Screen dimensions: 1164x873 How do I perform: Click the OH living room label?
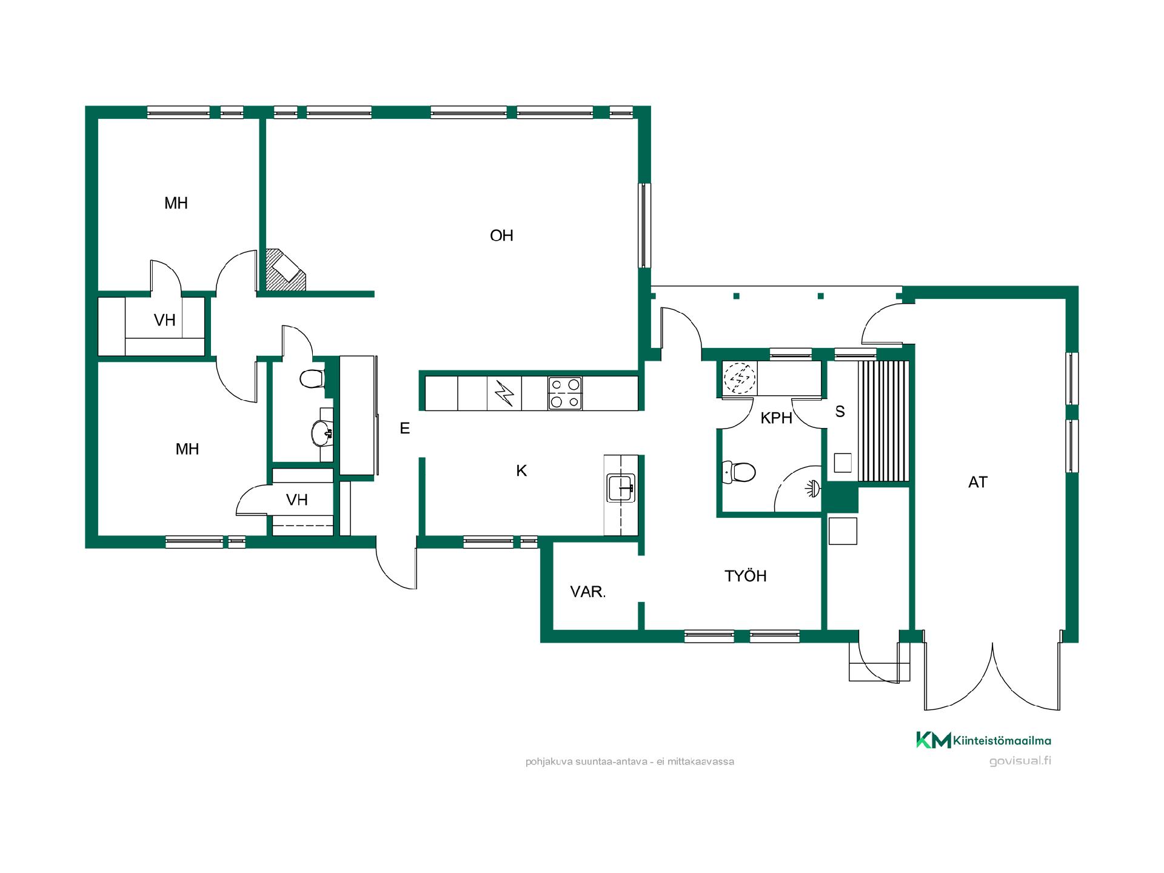pos(501,235)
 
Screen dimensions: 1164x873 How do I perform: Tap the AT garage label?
pos(978,482)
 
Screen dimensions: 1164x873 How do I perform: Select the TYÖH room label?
pos(746,575)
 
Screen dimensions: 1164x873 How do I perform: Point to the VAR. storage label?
pos(588,592)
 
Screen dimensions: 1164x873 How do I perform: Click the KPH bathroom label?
pos(777,418)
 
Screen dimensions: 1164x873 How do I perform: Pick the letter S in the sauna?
pos(840,412)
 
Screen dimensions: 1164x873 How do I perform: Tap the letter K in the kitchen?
pos(521,470)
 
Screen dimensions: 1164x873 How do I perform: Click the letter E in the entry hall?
pos(405,429)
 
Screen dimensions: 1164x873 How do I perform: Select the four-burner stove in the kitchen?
pos(565,393)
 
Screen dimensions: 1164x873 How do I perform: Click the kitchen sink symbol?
pos(621,489)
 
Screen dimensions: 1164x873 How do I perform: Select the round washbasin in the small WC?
pos(321,433)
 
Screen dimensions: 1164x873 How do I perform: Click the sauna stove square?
pos(843,463)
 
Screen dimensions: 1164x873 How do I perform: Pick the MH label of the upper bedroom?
pos(176,203)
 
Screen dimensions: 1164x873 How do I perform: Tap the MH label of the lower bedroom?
pos(187,449)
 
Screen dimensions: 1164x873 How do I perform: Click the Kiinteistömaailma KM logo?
pos(983,740)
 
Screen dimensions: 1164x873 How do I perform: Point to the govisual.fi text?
pos(1020,761)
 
